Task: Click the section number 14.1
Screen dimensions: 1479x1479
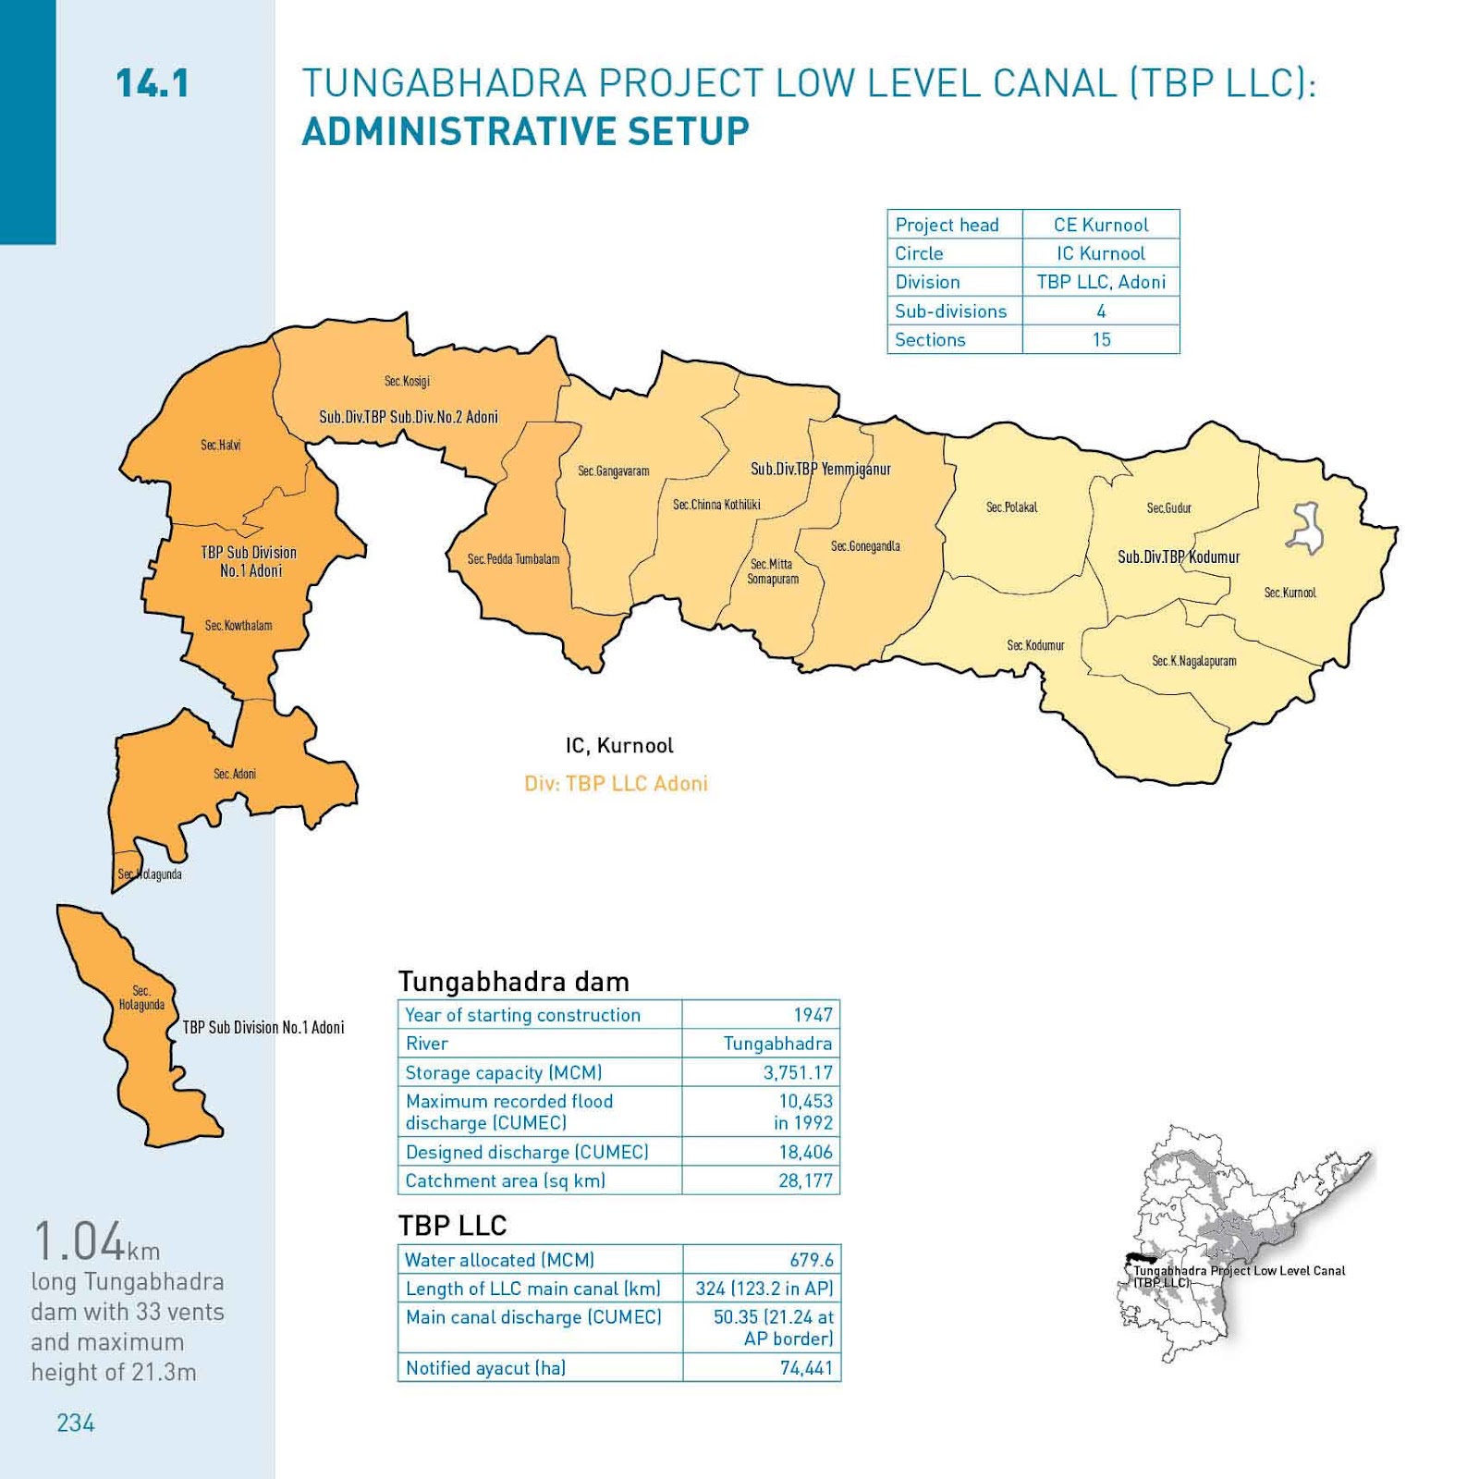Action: (x=153, y=84)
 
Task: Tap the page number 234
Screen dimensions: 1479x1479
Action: (x=76, y=1423)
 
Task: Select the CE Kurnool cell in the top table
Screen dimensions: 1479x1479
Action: (x=1100, y=225)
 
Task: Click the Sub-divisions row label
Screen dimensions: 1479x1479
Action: (x=950, y=312)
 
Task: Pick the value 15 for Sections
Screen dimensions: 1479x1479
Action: (x=1101, y=340)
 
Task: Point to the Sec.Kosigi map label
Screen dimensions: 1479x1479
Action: (x=407, y=381)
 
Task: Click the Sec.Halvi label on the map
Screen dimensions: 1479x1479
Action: (x=220, y=445)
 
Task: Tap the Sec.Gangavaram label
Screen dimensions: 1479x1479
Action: (x=613, y=471)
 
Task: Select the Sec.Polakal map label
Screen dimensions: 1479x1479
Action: (x=1011, y=507)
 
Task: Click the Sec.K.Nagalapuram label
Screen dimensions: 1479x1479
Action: (x=1193, y=661)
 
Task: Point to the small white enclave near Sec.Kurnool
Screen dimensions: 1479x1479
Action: (x=1306, y=528)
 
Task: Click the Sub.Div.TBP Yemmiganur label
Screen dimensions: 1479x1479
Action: (x=820, y=470)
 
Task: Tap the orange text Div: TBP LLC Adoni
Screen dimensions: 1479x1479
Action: (x=616, y=784)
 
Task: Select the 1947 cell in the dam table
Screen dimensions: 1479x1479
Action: (x=813, y=1015)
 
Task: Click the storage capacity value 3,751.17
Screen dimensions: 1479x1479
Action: (x=798, y=1073)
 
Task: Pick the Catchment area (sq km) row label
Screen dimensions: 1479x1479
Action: (x=505, y=1181)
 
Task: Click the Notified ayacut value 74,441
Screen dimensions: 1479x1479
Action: (x=806, y=1368)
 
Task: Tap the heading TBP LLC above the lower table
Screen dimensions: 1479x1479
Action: (x=452, y=1226)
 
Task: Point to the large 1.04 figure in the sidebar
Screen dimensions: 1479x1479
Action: (x=79, y=1241)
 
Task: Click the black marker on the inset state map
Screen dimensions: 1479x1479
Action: (x=1141, y=1259)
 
